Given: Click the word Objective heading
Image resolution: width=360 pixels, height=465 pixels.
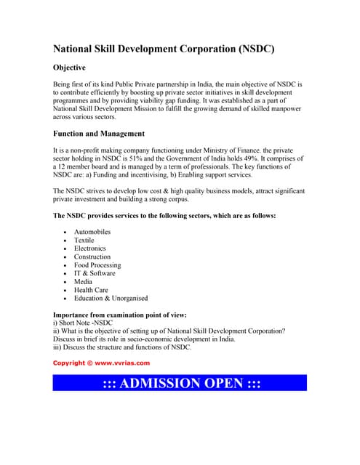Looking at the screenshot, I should (75, 68).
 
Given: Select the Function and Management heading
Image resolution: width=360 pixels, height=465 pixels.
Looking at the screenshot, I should (99, 134).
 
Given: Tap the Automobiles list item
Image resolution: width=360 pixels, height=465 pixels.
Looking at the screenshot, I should (92, 232).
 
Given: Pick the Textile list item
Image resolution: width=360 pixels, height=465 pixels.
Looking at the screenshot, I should (84, 240).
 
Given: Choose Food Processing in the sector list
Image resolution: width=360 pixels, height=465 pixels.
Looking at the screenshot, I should (97, 265).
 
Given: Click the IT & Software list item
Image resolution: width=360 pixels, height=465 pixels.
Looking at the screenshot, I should (95, 273).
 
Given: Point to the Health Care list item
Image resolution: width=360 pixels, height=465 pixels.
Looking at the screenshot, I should (91, 290).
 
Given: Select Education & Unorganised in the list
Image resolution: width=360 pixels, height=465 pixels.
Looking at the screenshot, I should (111, 298).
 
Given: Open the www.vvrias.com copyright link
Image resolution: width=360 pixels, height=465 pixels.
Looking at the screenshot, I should (122, 362).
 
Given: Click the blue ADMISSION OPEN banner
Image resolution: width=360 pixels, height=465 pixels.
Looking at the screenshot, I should (180, 383).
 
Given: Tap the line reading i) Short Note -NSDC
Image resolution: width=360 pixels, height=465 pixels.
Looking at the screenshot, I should (84, 323).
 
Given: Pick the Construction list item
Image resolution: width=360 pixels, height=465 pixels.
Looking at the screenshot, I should (92, 256).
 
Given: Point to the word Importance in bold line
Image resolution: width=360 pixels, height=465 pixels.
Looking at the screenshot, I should (73, 315).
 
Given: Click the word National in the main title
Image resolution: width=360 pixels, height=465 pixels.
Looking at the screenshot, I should (77, 49).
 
